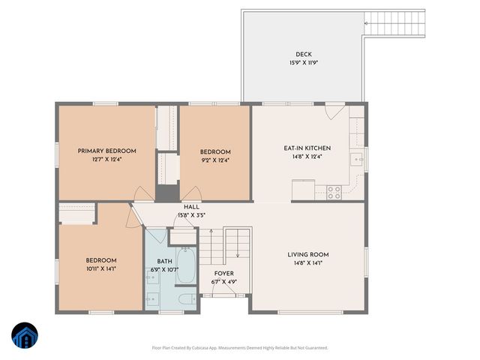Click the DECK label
(x=303, y=54)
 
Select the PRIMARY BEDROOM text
(x=106, y=151)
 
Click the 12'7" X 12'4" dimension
(x=106, y=159)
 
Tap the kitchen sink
(x=358, y=158)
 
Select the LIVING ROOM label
(x=308, y=254)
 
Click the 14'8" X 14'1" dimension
(x=308, y=263)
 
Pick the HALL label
(x=191, y=208)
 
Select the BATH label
(x=163, y=260)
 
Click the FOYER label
(x=224, y=274)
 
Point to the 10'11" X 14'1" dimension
(x=100, y=268)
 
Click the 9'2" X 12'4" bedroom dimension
(x=214, y=159)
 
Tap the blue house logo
(x=24, y=335)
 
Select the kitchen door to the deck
(x=335, y=111)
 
